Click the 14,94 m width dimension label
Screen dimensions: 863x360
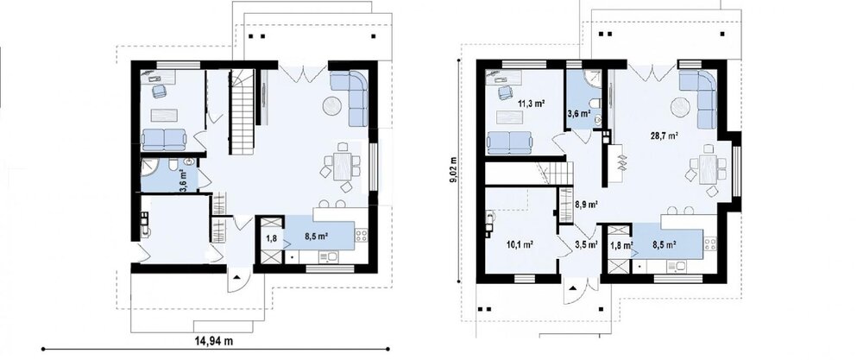coord(213,341)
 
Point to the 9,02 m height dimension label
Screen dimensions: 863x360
coord(454,171)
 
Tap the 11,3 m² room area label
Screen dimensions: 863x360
coord(531,102)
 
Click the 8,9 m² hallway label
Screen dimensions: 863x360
coord(586,205)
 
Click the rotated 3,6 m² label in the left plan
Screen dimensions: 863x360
coord(183,180)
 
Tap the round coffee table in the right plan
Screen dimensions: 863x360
coord(680,107)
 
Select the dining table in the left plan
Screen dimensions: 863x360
coord(342,166)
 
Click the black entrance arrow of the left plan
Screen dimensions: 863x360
coord(237,276)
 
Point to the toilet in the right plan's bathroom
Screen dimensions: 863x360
coord(595,104)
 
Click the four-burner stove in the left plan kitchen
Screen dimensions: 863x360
coord(361,236)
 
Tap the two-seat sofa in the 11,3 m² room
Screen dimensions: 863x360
coord(510,142)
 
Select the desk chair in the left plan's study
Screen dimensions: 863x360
coord(160,91)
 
